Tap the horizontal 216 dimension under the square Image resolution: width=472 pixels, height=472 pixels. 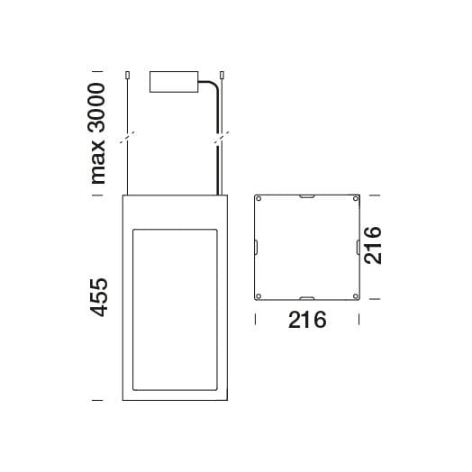coord(306,319)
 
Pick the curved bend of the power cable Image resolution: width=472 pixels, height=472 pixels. coord(216,86)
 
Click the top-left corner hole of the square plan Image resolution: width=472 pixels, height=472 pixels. coord(259,198)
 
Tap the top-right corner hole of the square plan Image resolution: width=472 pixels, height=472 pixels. coord(356,198)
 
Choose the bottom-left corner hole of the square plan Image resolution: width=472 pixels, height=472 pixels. coord(259,295)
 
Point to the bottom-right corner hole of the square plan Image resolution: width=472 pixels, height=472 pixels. coord(356,295)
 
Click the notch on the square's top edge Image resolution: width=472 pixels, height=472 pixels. coord(307,195)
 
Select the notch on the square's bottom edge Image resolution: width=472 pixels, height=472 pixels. coord(307,298)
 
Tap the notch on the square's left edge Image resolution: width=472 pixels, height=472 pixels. coord(256,247)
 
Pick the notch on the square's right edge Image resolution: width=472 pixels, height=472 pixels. coord(359,247)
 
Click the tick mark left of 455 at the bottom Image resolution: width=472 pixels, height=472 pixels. coord(97,398)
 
